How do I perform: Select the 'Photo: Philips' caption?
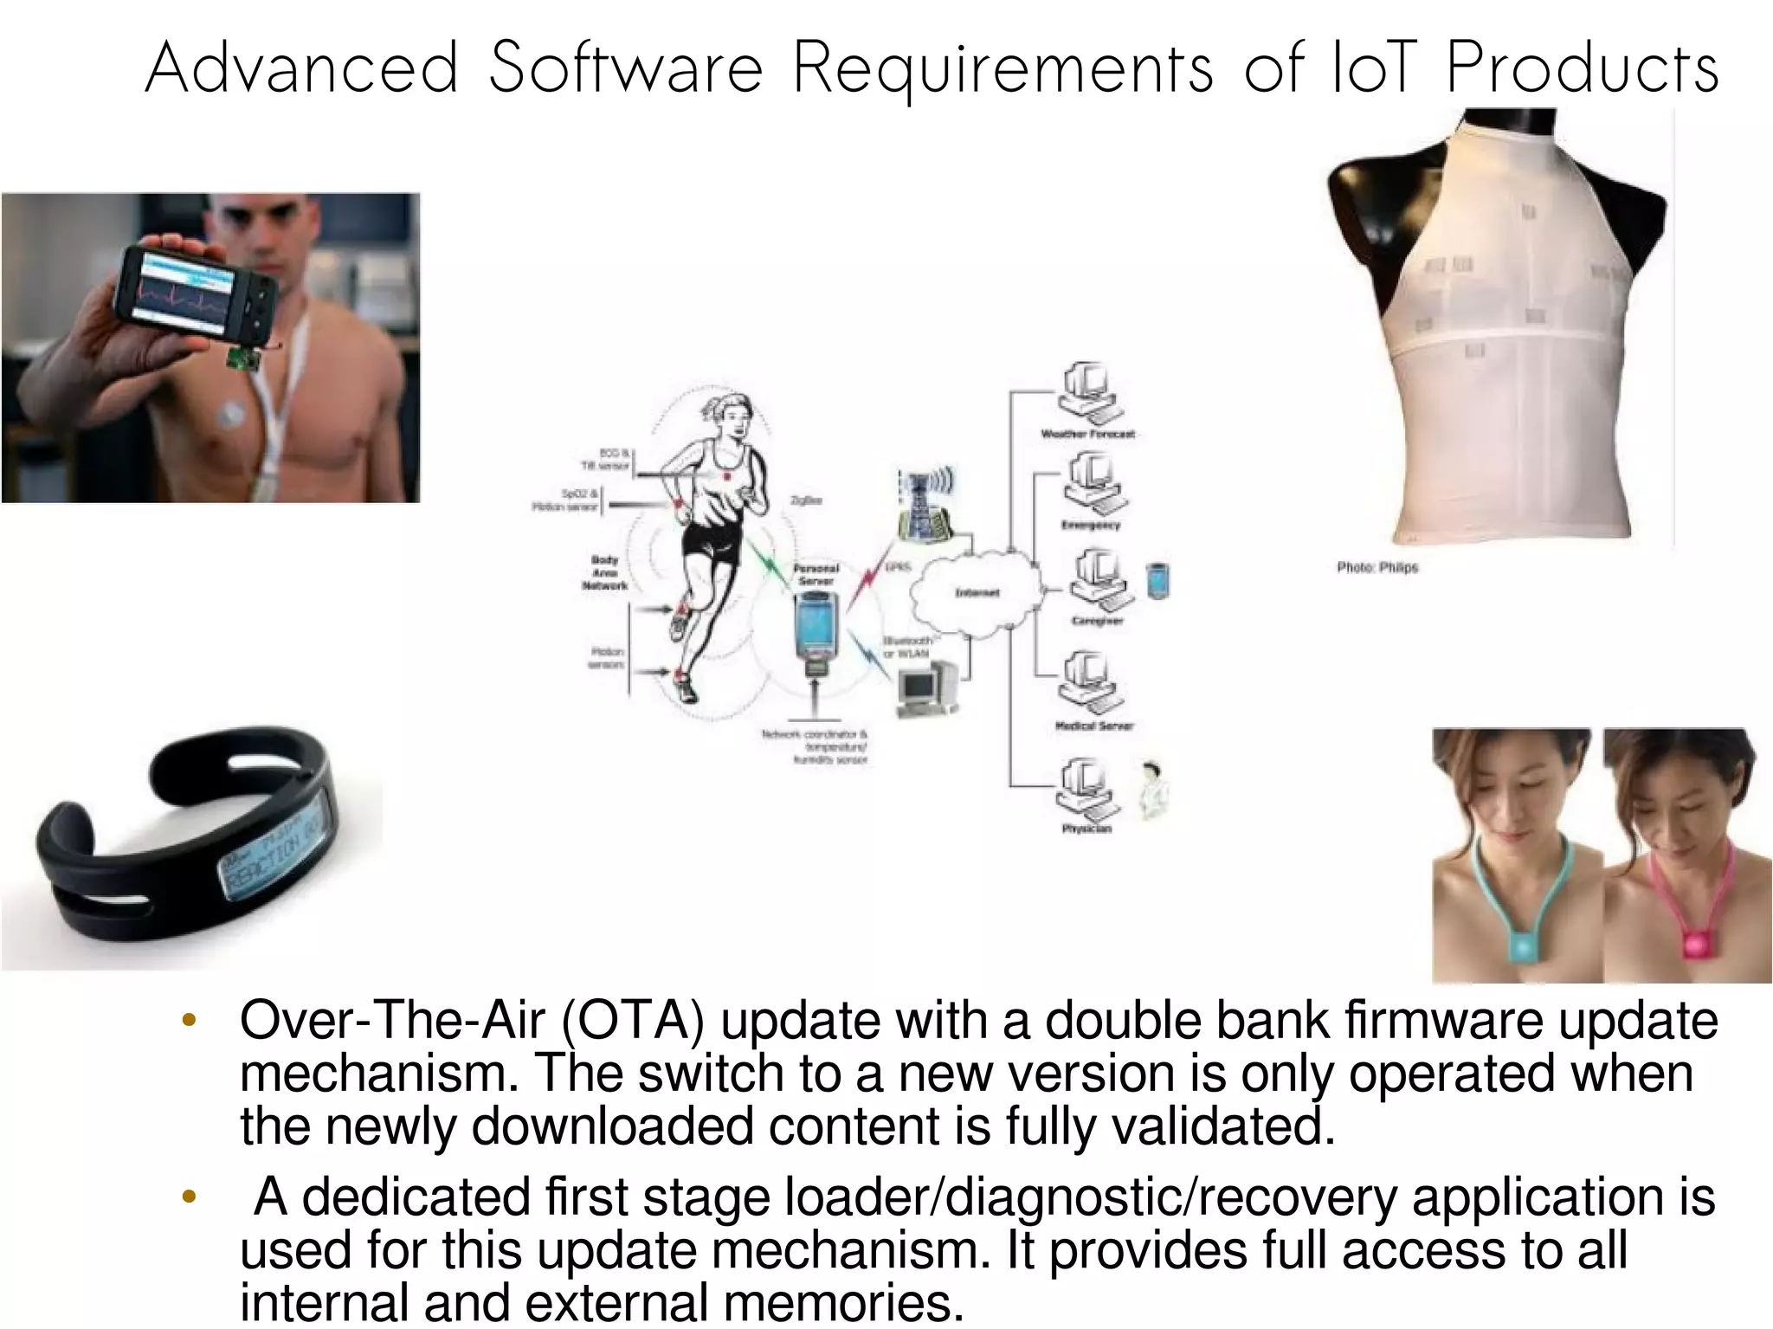1376,568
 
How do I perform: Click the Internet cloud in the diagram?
976,592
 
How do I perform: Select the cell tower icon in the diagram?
925,506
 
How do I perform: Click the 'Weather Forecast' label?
1087,434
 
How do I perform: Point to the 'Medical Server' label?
1093,726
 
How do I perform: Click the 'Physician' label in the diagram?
1086,829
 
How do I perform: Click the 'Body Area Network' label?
604,572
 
